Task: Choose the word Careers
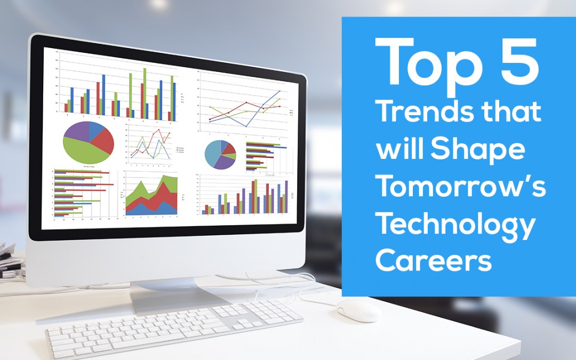click(x=433, y=261)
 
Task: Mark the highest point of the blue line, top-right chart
click(x=280, y=91)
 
